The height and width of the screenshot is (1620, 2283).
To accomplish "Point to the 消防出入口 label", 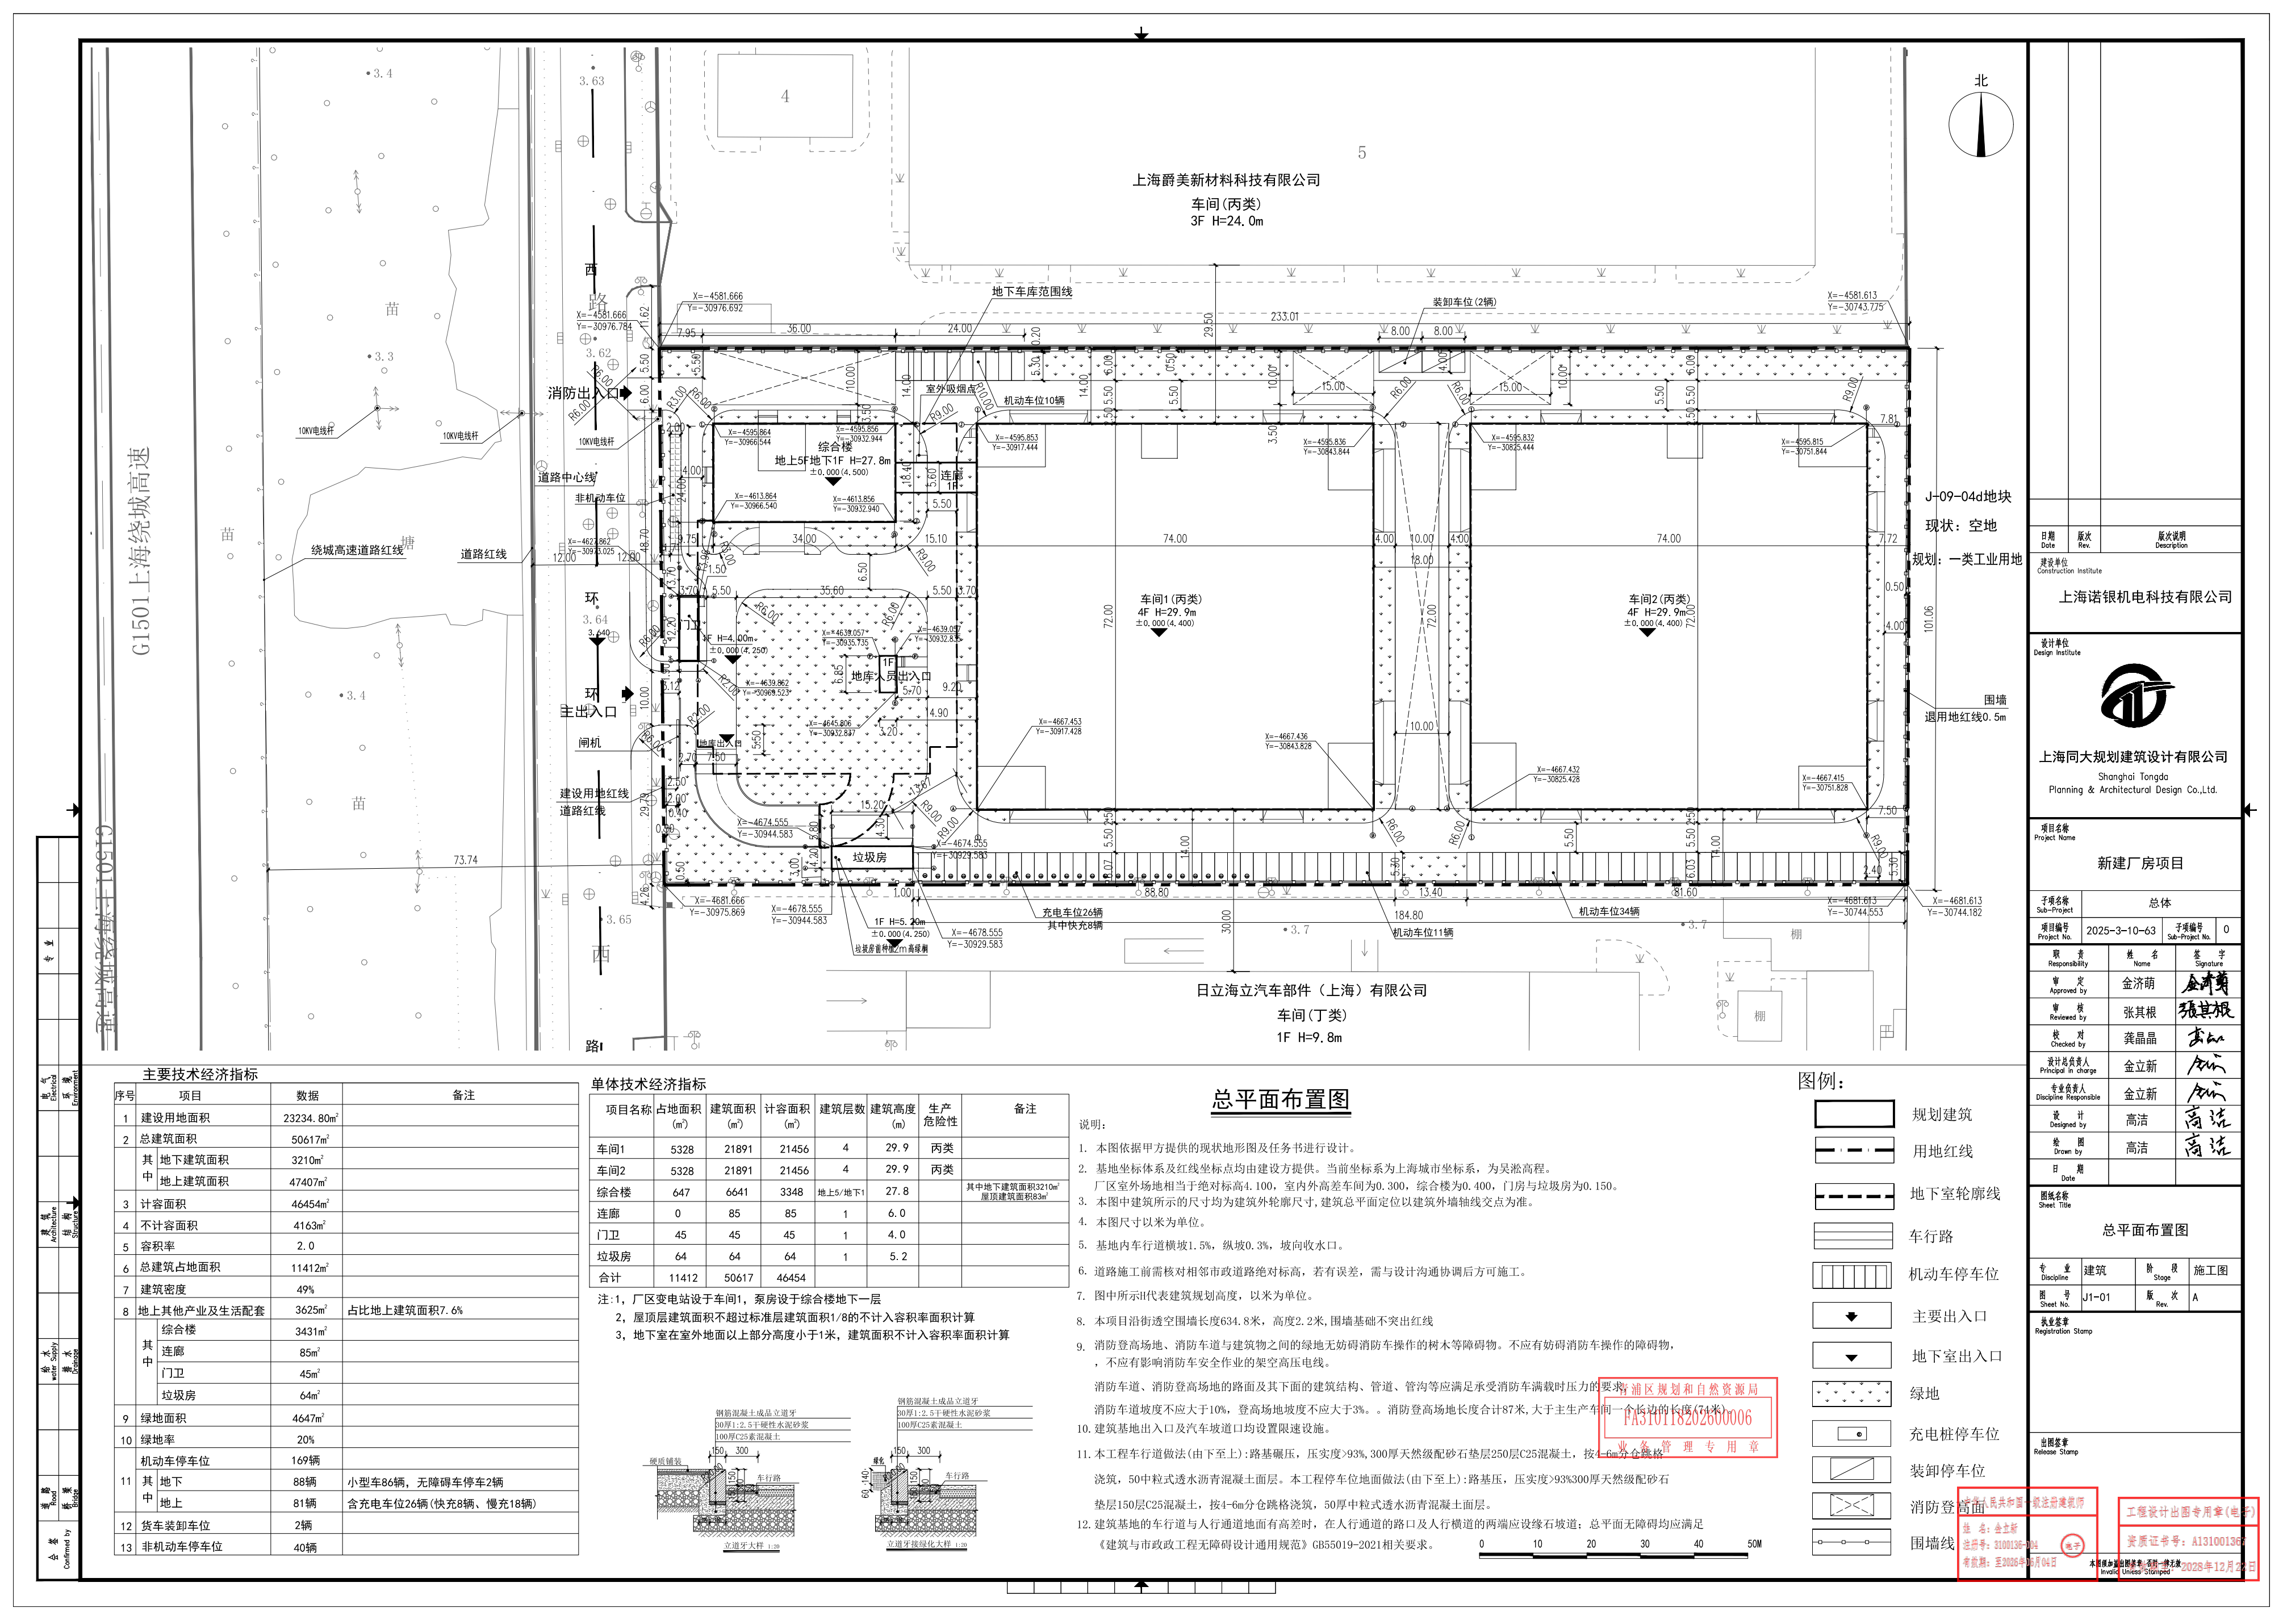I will pos(583,393).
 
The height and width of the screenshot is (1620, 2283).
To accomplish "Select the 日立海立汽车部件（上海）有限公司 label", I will pos(1311,990).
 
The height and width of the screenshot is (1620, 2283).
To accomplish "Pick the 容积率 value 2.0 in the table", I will pos(306,1246).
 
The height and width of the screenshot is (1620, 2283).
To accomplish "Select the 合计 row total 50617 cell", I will pos(738,1278).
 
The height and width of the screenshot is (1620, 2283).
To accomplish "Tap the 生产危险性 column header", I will pos(940,1114).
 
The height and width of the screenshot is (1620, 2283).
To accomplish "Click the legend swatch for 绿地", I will pos(1853,1393).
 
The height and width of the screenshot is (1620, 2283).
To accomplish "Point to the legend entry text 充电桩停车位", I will pos(1954,1433).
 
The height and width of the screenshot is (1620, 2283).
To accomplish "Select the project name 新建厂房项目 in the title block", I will pos(2139,863).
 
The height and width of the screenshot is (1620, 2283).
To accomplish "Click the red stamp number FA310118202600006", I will pos(1687,1417).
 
